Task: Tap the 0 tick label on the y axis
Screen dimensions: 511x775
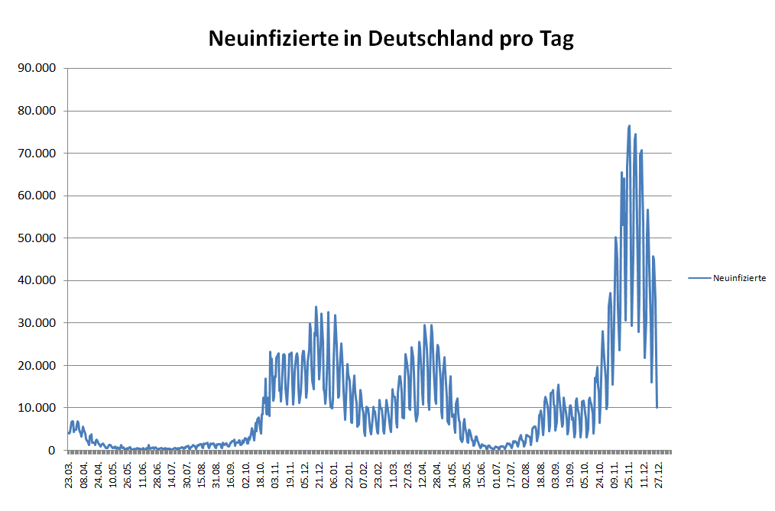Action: click(53, 451)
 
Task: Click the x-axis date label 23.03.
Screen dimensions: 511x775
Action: click(70, 474)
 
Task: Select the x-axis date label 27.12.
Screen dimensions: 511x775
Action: click(658, 474)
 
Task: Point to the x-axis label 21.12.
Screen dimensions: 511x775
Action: click(319, 474)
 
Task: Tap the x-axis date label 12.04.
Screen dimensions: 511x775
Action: click(422, 474)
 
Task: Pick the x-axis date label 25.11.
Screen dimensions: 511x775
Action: click(629, 474)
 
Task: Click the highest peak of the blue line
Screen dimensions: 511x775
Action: click(629, 125)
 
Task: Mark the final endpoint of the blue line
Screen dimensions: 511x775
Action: click(657, 408)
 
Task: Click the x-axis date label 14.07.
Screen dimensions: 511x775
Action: click(172, 474)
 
